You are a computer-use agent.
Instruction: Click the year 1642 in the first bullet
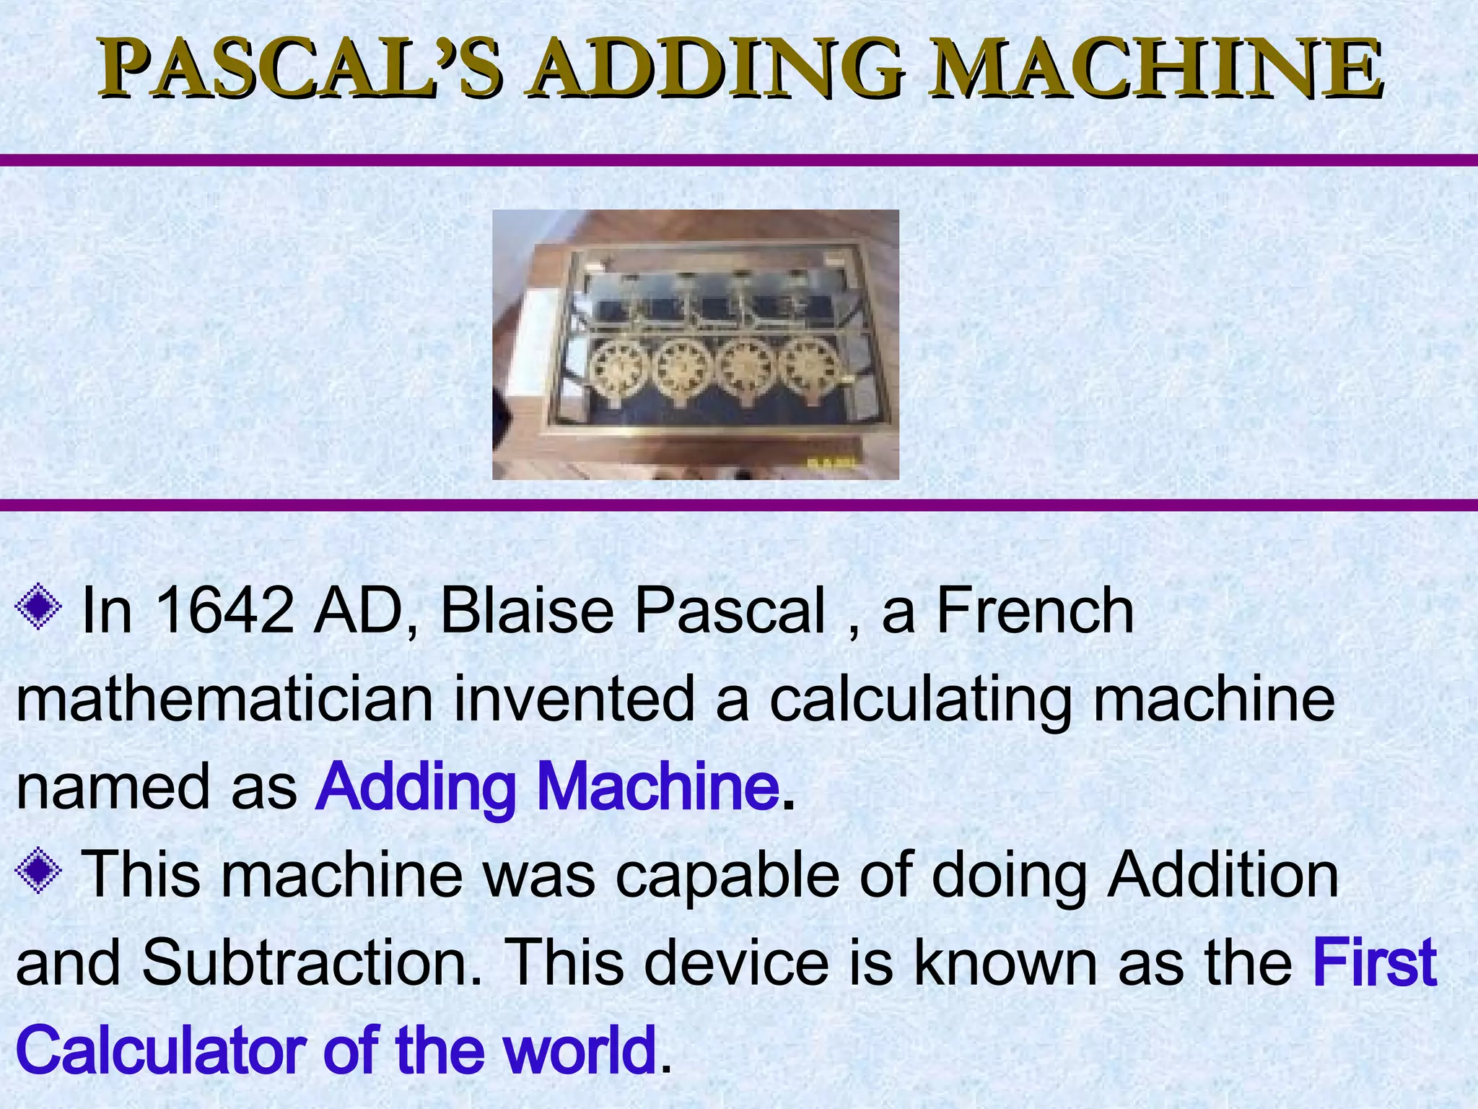224,611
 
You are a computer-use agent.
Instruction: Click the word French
1034,611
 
